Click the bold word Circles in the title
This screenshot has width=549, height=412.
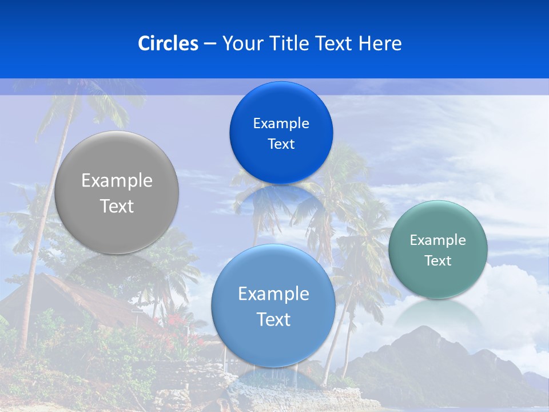tap(168, 43)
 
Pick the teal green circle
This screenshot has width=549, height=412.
tap(437, 280)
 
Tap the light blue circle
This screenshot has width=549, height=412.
tap(273, 343)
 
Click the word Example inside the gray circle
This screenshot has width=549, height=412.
tap(117, 181)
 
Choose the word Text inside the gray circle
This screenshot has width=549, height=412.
tap(117, 206)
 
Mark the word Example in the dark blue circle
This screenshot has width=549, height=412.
tap(281, 123)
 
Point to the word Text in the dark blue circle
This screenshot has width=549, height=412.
tap(281, 144)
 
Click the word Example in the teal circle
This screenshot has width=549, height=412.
tap(437, 240)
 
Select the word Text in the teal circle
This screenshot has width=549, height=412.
tap(437, 261)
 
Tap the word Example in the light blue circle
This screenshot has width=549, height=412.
tap(273, 294)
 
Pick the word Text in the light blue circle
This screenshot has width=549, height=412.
tap(273, 319)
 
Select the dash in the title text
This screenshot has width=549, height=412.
tap(210, 44)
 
